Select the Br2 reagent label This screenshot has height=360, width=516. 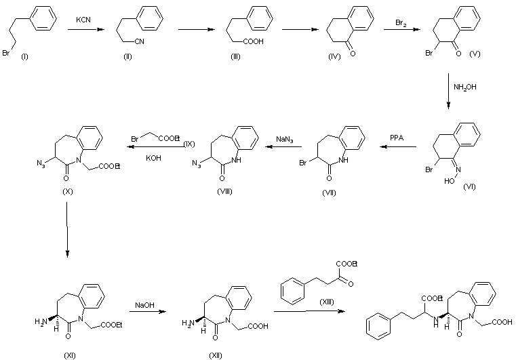pos(401,23)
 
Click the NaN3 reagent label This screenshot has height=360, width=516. pos(284,138)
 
